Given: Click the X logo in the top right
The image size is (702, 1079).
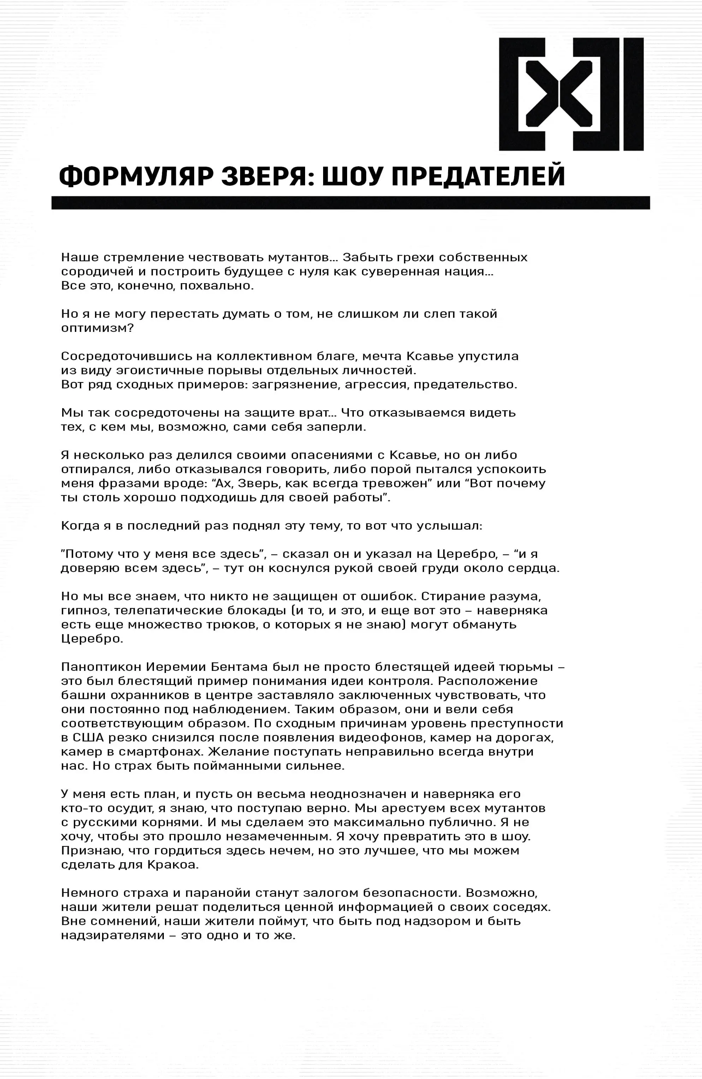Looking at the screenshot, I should click(571, 94).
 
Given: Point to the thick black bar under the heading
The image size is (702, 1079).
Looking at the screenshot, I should click(351, 203).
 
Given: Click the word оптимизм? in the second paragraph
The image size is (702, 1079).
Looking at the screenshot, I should click(97, 328).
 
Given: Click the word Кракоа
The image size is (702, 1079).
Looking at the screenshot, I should click(173, 865).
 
